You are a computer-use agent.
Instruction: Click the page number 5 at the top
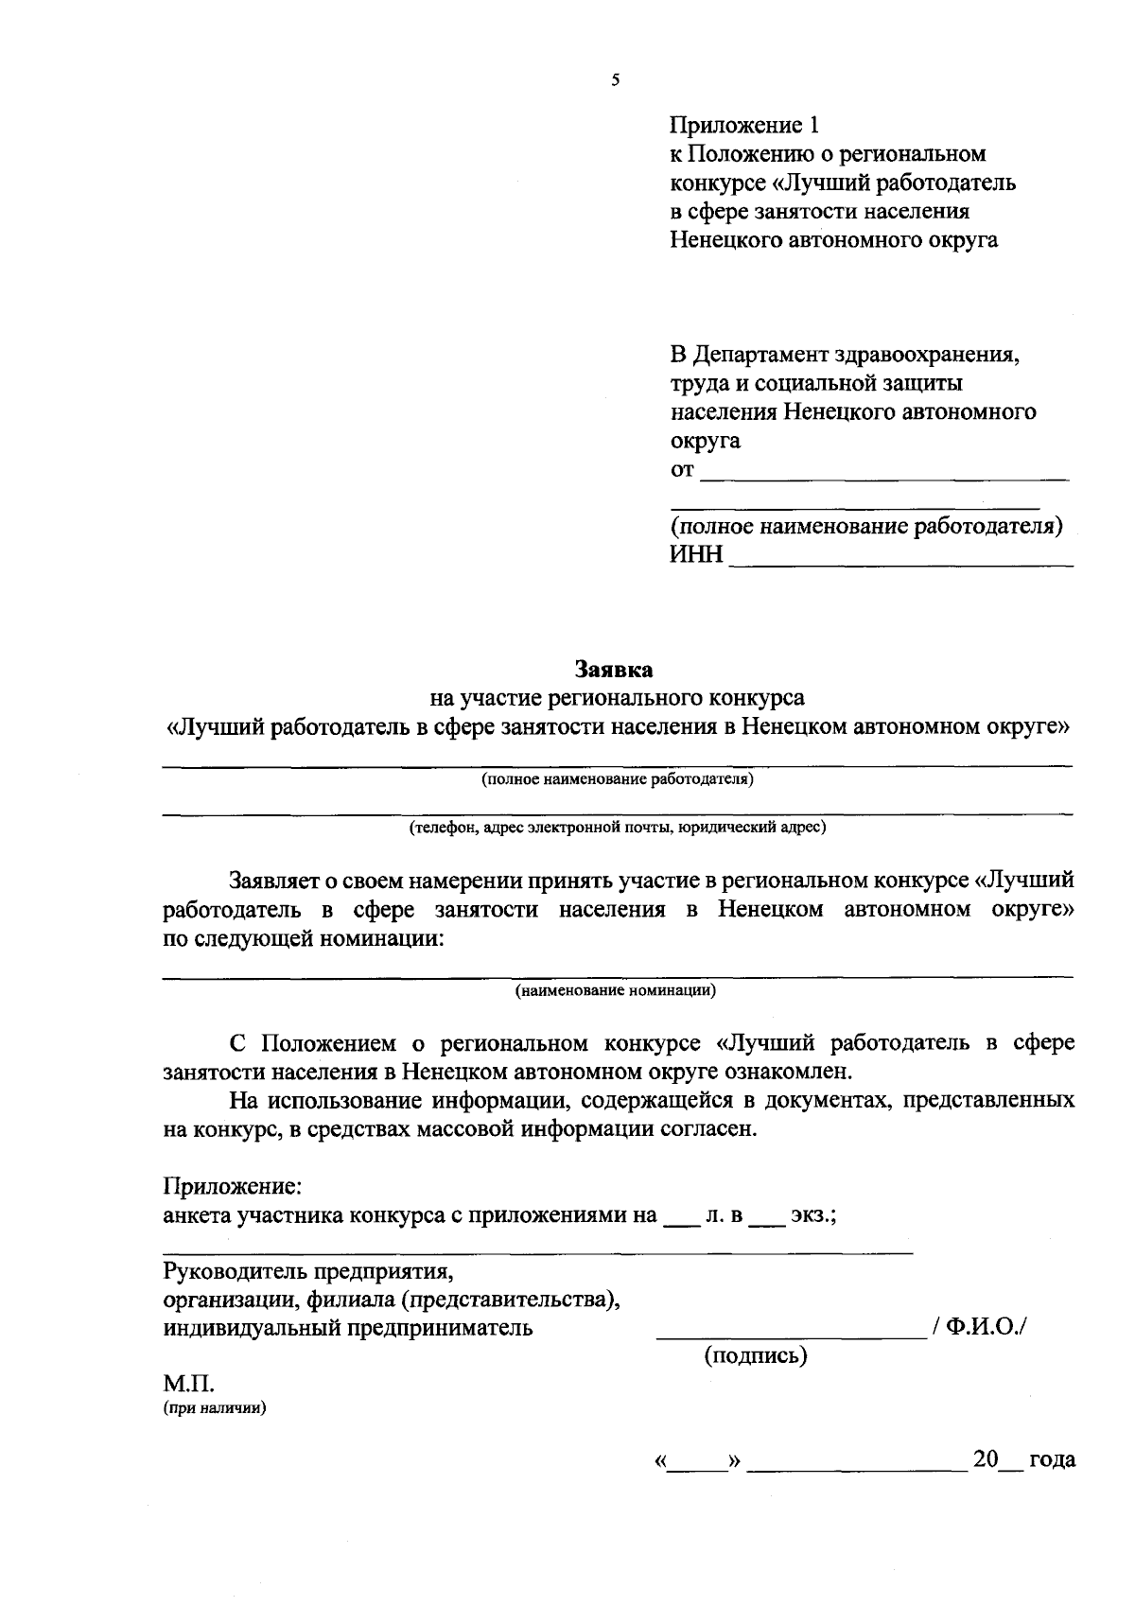tap(616, 80)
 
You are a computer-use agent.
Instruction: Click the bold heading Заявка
tap(615, 670)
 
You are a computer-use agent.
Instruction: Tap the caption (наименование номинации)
tap(616, 991)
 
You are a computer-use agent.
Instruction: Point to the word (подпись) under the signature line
tap(756, 1355)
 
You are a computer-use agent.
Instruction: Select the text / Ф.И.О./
tap(979, 1327)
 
